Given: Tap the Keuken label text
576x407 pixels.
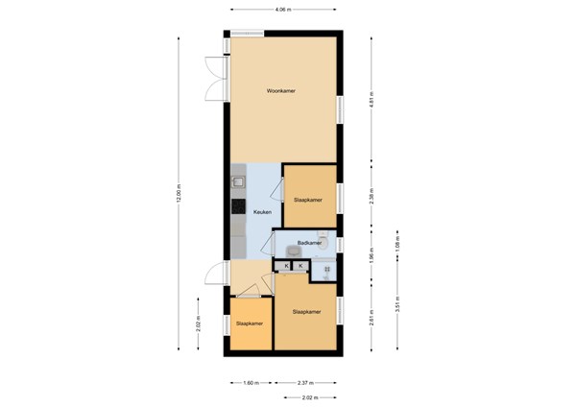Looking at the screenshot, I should click(x=262, y=212).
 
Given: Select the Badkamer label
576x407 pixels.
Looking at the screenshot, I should click(x=308, y=243).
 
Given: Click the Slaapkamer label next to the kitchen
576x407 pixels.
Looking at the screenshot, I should click(x=307, y=200).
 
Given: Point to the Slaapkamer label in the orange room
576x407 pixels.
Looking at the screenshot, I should click(x=249, y=323).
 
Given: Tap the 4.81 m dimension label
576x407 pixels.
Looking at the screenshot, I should click(x=371, y=98).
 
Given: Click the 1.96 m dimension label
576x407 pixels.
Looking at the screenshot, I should click(x=371, y=257).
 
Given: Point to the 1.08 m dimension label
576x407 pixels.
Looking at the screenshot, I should click(x=398, y=245).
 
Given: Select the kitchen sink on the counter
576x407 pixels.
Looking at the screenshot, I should click(x=237, y=180).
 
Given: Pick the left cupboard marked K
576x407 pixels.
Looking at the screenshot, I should click(x=285, y=265).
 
